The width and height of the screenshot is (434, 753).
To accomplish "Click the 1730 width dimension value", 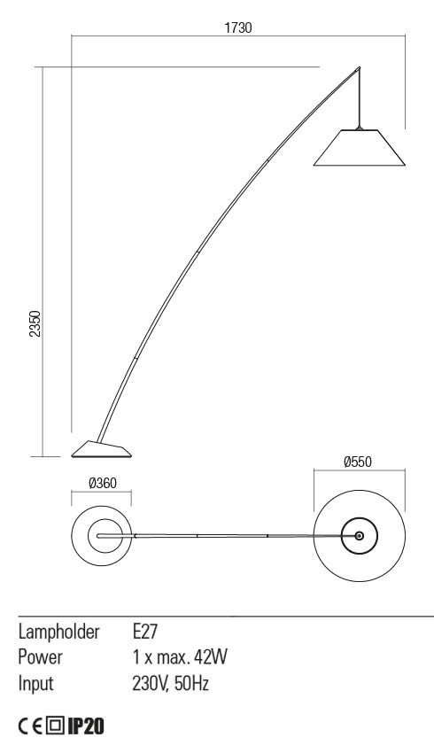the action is pyautogui.click(x=238, y=27).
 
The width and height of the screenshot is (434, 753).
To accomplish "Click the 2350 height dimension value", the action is pyautogui.click(x=35, y=323).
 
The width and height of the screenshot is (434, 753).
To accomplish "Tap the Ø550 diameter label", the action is pyautogui.click(x=358, y=462).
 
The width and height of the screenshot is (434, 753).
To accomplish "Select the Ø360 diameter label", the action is pyautogui.click(x=103, y=483).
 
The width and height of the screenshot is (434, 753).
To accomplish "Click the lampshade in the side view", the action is pyautogui.click(x=359, y=147).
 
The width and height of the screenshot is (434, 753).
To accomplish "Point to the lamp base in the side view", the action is pyautogui.click(x=101, y=449).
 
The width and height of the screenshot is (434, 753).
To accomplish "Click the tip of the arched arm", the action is pyautogui.click(x=359, y=67).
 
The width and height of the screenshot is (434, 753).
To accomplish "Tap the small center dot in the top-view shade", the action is pyautogui.click(x=359, y=535).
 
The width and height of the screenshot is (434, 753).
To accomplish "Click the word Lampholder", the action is pyautogui.click(x=59, y=632).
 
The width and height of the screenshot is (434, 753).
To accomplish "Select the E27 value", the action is pyautogui.click(x=145, y=632).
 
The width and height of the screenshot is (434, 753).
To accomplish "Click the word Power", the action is pyautogui.click(x=41, y=657).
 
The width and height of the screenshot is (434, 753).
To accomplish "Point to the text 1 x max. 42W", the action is pyautogui.click(x=180, y=657).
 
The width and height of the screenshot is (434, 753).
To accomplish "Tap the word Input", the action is pyautogui.click(x=35, y=683).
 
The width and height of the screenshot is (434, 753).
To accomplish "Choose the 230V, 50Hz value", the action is pyautogui.click(x=171, y=683).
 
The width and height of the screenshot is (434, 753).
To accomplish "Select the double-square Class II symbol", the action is pyautogui.click(x=55, y=726).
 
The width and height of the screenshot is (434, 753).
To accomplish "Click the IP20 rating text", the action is pyautogui.click(x=85, y=726).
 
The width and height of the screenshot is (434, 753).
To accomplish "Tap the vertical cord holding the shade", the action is pyautogui.click(x=359, y=98).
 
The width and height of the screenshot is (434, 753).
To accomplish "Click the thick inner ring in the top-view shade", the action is pyautogui.click(x=359, y=518).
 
